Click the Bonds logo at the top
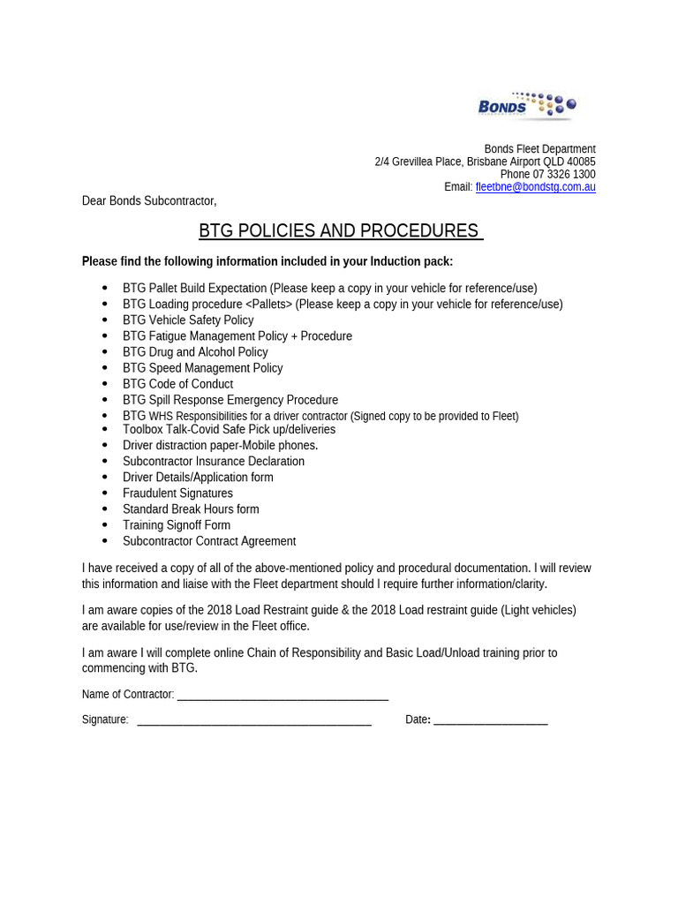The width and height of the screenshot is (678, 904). click(527, 106)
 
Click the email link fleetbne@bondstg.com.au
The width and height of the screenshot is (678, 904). click(535, 187)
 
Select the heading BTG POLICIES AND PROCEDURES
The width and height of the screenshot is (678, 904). click(340, 231)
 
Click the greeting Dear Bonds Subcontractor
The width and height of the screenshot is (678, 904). click(149, 200)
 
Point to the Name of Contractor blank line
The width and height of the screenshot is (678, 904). click(282, 695)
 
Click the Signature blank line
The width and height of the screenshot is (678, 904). click(254, 720)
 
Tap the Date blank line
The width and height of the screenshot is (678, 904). click(491, 720)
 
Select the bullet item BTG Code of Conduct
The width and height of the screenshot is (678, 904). click(177, 384)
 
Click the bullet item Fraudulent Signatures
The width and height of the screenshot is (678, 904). click(177, 493)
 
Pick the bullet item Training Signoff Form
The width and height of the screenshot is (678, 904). click(177, 525)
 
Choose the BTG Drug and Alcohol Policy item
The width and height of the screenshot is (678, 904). click(195, 352)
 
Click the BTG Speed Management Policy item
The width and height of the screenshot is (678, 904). click(202, 368)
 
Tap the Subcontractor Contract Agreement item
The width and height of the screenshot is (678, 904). click(209, 541)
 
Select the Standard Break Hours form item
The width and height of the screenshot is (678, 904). click(191, 509)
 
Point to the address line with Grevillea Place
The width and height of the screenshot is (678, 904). click(485, 162)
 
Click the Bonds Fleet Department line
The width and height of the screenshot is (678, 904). click(539, 149)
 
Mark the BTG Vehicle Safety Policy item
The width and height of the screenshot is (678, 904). click(188, 320)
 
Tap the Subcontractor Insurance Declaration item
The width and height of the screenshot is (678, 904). click(214, 462)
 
